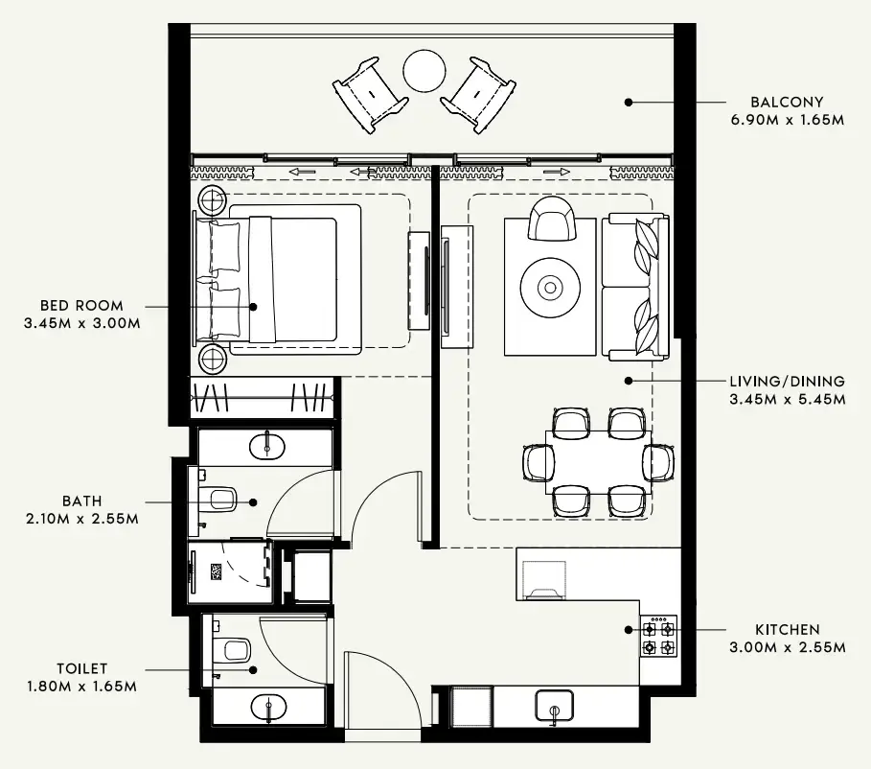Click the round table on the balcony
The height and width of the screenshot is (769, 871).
coord(423,69)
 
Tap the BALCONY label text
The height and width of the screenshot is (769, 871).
coord(787,102)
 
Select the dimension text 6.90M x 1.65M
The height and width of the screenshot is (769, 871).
coord(787,120)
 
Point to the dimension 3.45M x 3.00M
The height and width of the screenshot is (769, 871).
coord(82,324)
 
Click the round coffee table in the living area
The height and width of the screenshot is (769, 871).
coord(550,286)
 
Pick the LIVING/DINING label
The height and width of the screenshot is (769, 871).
coord(787,381)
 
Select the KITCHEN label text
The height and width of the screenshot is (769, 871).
coord(787,630)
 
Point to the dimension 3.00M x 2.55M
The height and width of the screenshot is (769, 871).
coord(787,647)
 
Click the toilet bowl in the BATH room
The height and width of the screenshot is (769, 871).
coord(219,499)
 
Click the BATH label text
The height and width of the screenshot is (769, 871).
coord(82,501)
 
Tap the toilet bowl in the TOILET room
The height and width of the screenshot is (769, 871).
coord(232,651)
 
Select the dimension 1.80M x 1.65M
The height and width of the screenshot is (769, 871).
coord(82,687)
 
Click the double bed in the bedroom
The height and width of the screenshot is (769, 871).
coord(287,278)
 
